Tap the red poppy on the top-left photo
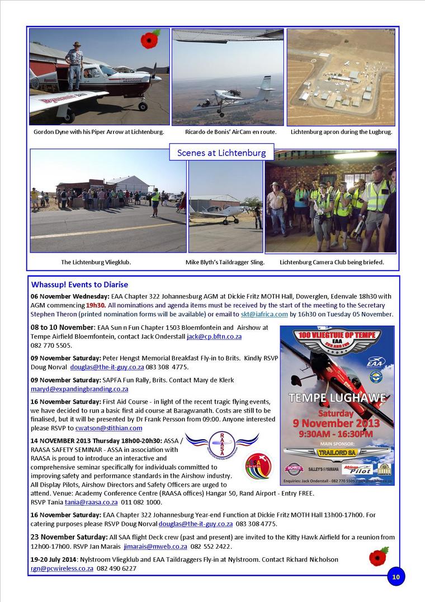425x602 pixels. coord(150,40)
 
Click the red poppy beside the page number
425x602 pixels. coord(379,557)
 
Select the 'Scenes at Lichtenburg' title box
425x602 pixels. coord(221,152)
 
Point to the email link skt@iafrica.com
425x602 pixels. coord(264,315)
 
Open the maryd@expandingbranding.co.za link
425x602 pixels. coord(79,389)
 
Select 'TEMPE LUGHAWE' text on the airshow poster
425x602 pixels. coord(337,399)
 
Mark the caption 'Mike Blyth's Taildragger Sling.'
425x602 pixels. coord(225,262)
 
